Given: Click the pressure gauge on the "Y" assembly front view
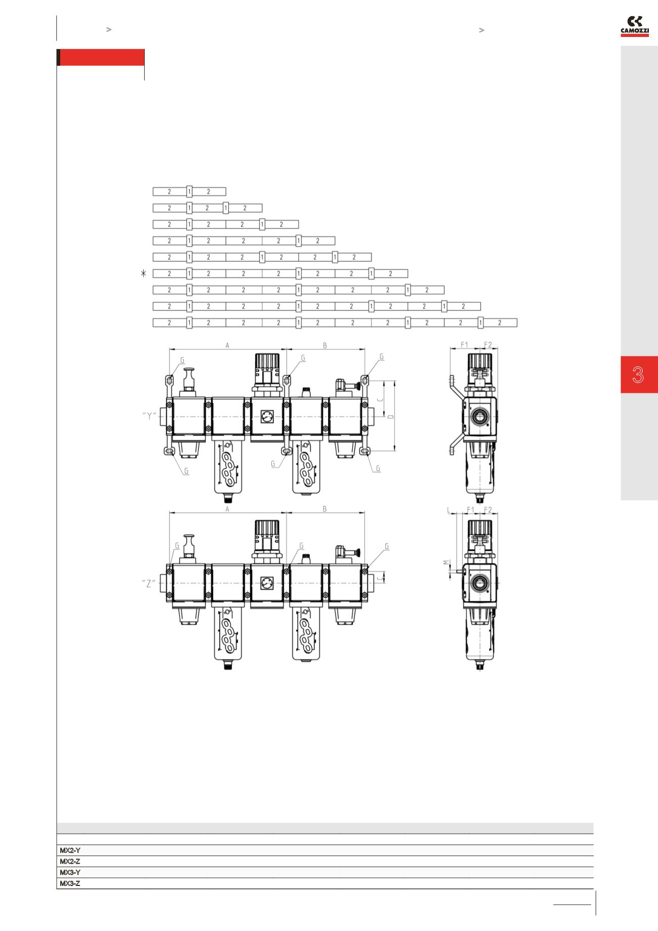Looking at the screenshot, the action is [266, 417].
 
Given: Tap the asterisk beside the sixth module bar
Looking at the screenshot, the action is [144, 273].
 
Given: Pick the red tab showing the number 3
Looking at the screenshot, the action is [639, 375].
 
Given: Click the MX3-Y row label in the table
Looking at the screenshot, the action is [70, 872].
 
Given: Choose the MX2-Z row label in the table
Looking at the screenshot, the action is [70, 861].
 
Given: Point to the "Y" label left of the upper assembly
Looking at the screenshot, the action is [149, 417].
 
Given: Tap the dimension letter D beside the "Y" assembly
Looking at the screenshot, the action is [390, 417].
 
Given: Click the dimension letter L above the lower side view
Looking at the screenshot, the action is [449, 510].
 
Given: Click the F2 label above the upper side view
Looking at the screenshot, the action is [488, 345].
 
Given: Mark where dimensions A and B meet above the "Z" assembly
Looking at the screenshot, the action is [286, 513].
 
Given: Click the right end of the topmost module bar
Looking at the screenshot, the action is [226, 192].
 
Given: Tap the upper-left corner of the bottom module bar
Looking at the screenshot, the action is [153, 319].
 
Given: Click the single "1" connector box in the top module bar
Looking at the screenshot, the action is [189, 192].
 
